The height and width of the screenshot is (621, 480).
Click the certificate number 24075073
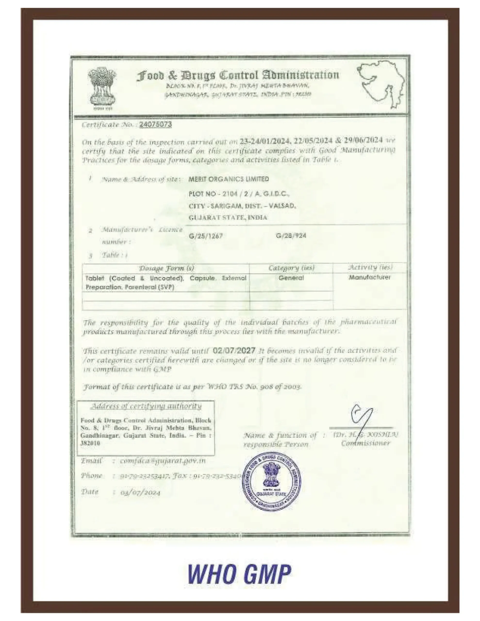(x=155, y=124)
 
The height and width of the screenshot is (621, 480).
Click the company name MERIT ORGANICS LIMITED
(x=229, y=179)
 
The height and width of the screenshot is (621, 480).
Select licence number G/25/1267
(x=206, y=236)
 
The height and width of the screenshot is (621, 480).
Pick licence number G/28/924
(x=291, y=236)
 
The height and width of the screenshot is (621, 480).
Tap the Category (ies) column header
(x=291, y=268)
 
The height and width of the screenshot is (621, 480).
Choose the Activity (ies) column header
(x=370, y=267)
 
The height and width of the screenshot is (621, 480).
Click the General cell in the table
(x=291, y=278)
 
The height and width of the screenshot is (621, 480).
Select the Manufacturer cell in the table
(x=370, y=277)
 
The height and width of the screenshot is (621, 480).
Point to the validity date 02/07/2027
(x=234, y=351)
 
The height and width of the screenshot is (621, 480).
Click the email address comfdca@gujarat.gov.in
(x=162, y=461)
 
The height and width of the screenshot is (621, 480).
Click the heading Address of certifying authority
(x=146, y=406)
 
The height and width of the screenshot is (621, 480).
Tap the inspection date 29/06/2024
(x=363, y=140)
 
